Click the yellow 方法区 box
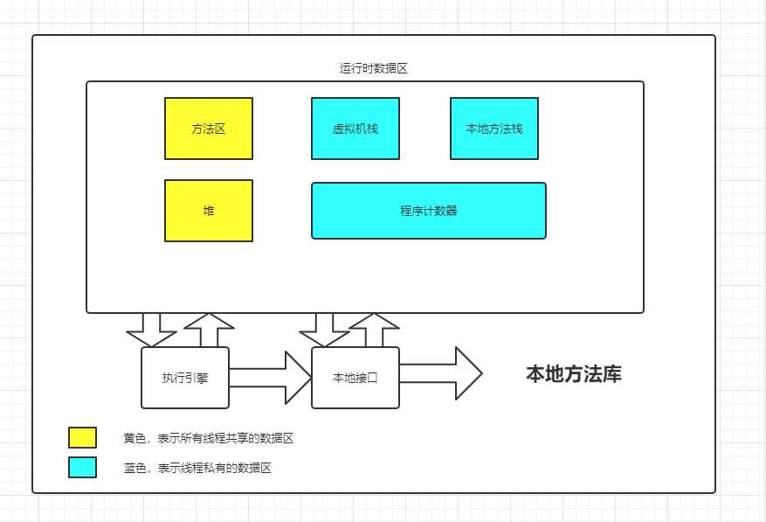(209, 129)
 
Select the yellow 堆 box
(209, 211)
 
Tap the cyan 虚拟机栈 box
(355, 129)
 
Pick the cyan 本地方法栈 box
(494, 129)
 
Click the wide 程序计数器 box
(429, 211)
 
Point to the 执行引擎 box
(185, 378)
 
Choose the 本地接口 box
(355, 378)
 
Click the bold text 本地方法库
(574, 374)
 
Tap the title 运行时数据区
(373, 68)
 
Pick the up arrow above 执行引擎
(210, 331)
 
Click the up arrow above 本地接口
(374, 331)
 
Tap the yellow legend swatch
(82, 437)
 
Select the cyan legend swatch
(82, 467)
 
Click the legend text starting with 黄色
(209, 438)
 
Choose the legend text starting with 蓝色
(197, 468)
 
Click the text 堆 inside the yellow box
(209, 211)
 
